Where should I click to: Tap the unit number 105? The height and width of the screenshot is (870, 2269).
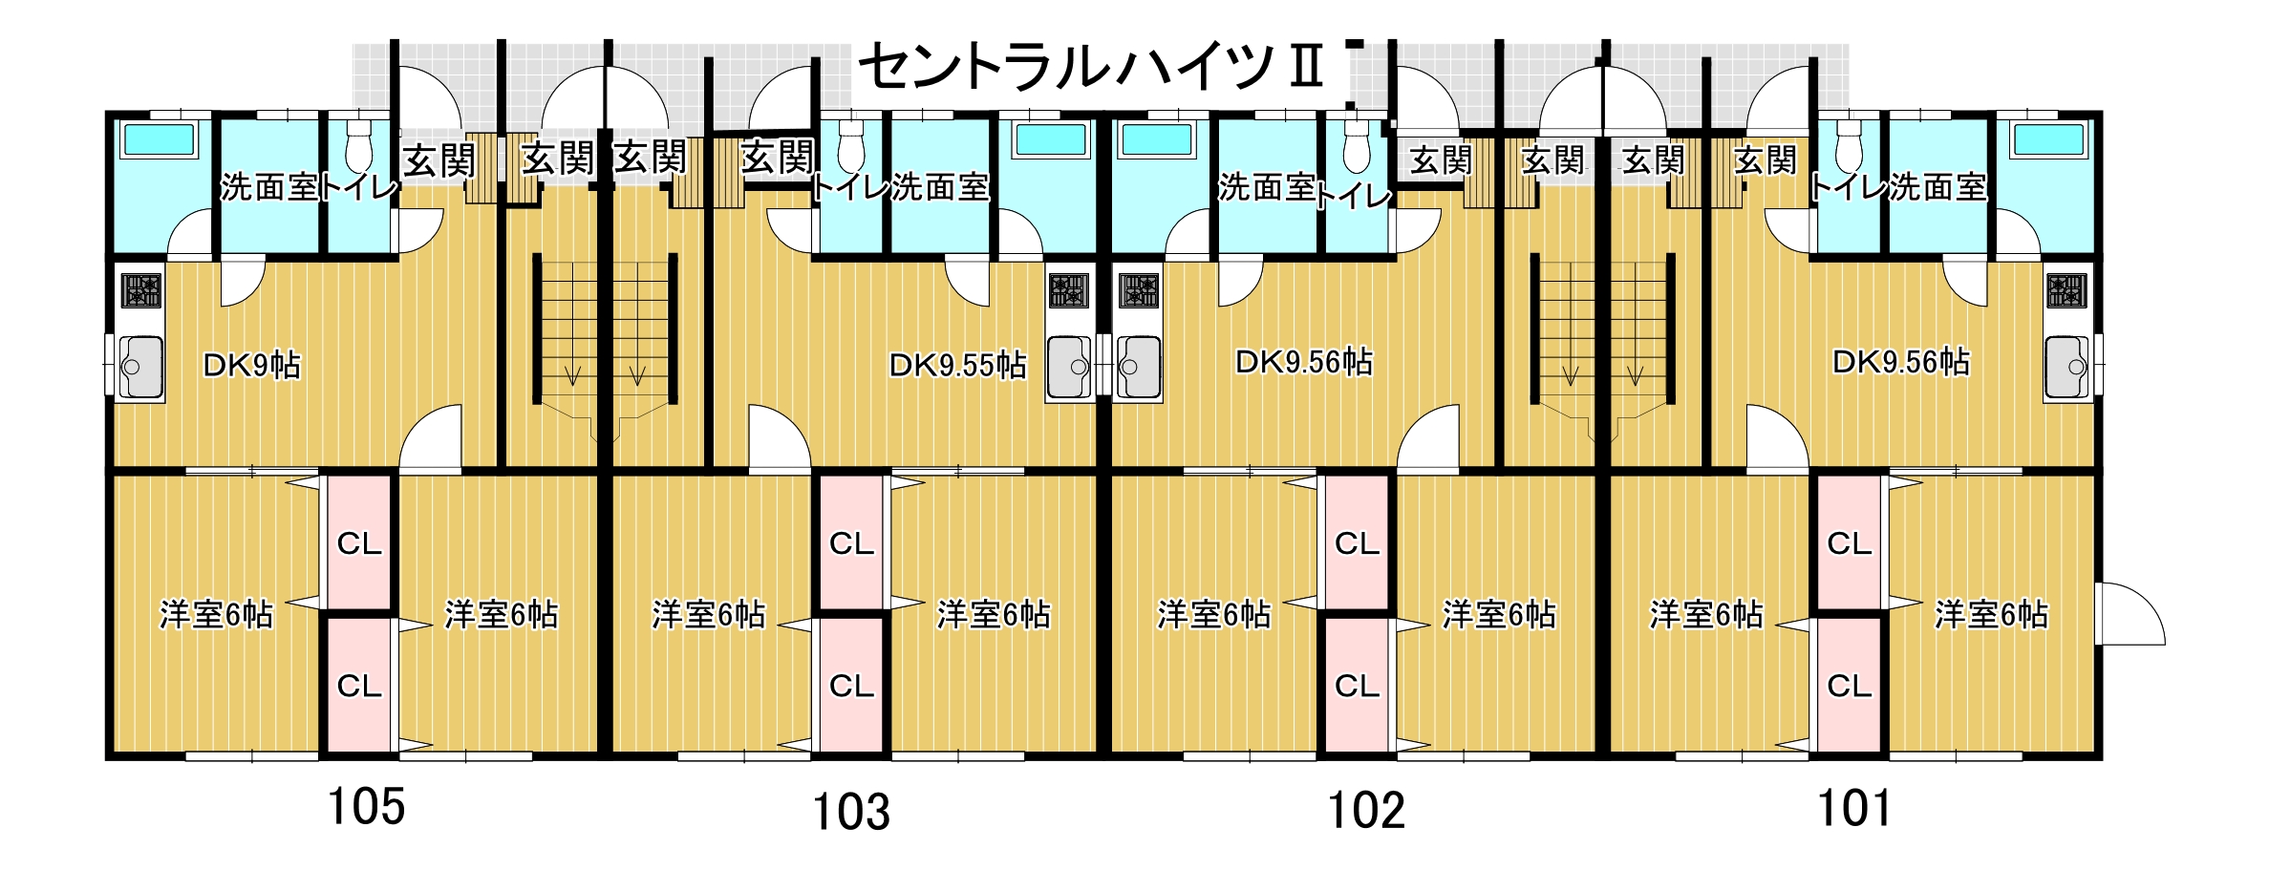366,807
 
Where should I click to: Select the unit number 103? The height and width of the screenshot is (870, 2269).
850,813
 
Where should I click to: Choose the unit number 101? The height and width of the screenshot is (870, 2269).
1854,809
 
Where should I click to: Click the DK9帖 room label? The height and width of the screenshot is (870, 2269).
252,365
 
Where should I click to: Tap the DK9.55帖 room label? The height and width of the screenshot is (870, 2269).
957,365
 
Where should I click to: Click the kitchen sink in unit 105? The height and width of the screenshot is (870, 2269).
141,366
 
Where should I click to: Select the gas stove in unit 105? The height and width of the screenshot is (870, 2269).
141,290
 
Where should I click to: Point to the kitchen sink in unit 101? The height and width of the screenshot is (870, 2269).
2069,366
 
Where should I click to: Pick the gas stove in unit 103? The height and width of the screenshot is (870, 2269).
1068,290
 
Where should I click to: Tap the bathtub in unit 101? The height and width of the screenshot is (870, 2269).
2047,140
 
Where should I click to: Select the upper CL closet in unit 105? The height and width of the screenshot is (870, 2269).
359,542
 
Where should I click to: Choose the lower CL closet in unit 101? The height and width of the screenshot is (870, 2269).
1849,686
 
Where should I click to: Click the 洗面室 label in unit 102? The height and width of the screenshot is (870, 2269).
1267,188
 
